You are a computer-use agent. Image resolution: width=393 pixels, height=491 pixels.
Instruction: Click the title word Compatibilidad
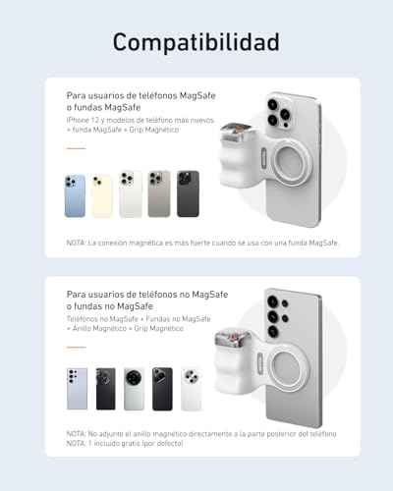(x=196, y=41)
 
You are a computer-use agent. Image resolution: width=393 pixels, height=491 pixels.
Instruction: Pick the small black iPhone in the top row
(x=188, y=193)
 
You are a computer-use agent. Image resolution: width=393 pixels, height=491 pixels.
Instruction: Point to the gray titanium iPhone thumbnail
(x=159, y=194)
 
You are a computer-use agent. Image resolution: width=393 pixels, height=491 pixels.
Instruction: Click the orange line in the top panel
(x=76, y=148)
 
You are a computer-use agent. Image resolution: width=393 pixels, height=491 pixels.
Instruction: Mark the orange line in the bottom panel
(x=76, y=345)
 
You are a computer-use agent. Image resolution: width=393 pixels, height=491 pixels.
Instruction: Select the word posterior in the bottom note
(x=262, y=433)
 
